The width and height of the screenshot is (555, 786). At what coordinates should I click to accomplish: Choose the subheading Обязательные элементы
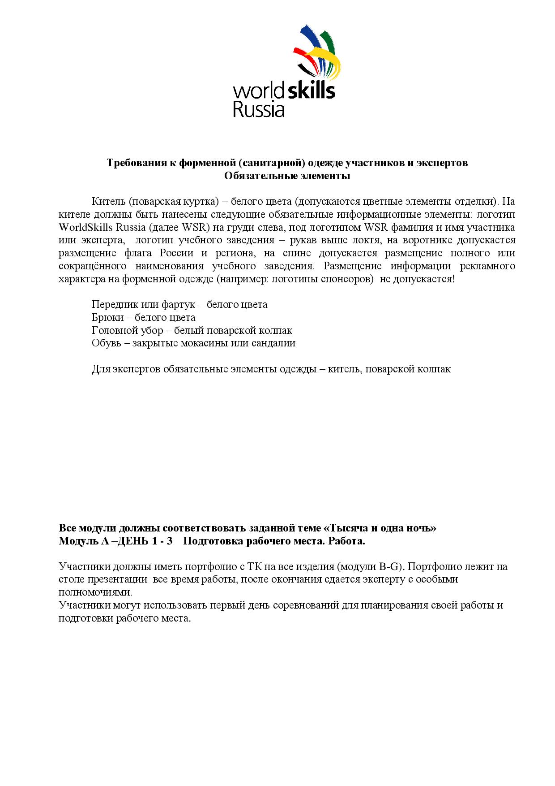pyautogui.click(x=287, y=176)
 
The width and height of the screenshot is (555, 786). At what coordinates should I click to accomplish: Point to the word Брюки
pyautogui.click(x=106, y=317)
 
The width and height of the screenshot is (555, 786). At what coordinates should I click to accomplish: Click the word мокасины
pyautogui.click(x=203, y=343)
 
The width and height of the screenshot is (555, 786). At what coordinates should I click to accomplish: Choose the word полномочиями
pyautogui.click(x=94, y=592)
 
